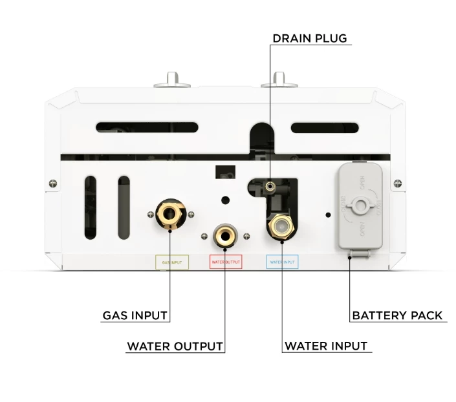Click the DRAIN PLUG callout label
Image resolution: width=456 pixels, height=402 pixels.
[309, 38]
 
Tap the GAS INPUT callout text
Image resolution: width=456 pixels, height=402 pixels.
[135, 316]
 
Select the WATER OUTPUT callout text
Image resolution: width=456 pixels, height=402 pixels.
[175, 346]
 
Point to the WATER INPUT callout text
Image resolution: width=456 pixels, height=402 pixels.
[326, 346]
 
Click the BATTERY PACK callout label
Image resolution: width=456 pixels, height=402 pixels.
[397, 316]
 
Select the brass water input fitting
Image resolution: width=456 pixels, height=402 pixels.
[282, 225]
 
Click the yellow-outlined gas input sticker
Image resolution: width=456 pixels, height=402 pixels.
[171, 262]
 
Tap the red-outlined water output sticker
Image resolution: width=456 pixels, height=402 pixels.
[226, 262]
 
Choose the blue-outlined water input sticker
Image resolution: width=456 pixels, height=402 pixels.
[281, 262]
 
